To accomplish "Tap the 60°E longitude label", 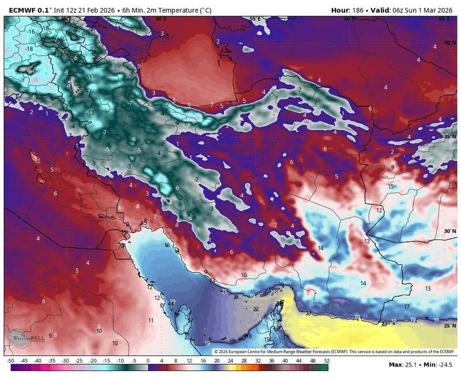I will tap(349, 19).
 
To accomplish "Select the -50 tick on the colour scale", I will tap(10, 360).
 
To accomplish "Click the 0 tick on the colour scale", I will tap(148, 360).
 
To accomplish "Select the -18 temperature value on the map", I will tap(29, 49).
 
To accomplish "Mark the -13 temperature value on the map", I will tap(90, 112).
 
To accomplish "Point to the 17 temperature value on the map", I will tap(406, 307).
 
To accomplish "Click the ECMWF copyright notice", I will tap(334, 351).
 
